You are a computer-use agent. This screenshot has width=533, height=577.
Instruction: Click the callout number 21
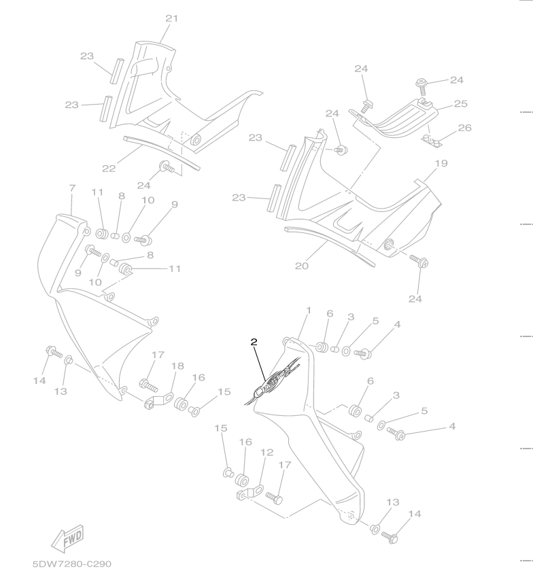click(x=171, y=18)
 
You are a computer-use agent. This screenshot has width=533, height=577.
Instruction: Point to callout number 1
click(x=308, y=311)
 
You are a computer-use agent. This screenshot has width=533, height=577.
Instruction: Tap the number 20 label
click(x=302, y=266)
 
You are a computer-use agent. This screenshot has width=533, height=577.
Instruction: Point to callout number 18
click(x=177, y=366)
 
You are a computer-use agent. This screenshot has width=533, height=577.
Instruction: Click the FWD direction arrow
click(x=67, y=538)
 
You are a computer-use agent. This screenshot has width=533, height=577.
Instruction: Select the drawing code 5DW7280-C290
click(x=71, y=564)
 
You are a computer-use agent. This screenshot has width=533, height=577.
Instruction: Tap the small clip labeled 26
click(x=432, y=141)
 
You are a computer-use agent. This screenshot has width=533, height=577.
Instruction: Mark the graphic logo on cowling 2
click(x=275, y=376)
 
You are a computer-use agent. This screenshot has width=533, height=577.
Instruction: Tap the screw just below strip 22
click(x=166, y=167)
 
